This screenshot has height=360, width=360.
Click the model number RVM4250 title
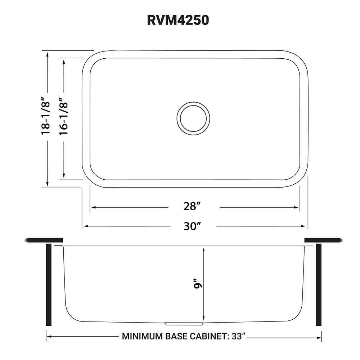pos(178,20)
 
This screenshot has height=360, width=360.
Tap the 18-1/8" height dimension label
pos(46,116)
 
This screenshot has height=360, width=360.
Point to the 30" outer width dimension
pos(192,226)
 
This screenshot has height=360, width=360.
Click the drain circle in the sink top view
pos(193,118)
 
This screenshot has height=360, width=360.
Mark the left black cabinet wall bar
pos(49,284)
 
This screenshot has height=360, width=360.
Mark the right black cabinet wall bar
pos(319,284)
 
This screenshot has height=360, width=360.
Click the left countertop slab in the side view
pos(44,240)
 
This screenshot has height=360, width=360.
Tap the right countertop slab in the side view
pos(323,240)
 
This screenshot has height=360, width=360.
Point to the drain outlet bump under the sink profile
pos(184,324)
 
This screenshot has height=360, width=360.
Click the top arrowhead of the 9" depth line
pos(204,249)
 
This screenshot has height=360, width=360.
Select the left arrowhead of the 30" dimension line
pos(85,226)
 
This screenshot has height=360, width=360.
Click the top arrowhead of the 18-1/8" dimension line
pos(48,54)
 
